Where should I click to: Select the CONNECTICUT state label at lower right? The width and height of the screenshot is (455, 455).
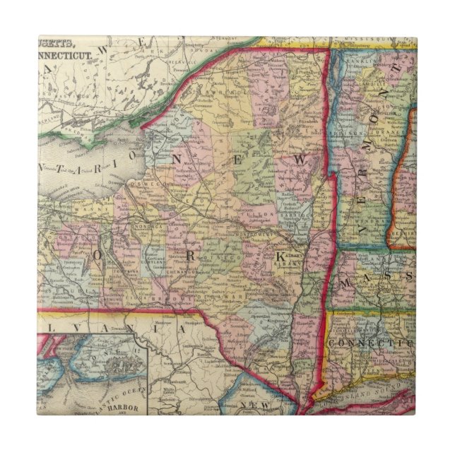click(x=374, y=342)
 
